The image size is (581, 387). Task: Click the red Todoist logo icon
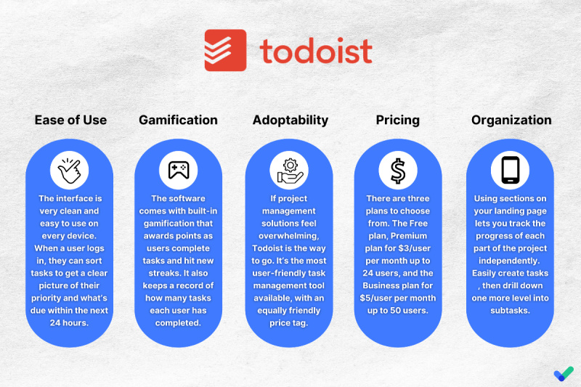tap(225, 50)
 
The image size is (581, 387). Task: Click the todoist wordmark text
tap(316, 51)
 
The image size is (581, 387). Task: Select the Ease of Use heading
tap(70, 120)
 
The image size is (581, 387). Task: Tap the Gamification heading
tap(178, 120)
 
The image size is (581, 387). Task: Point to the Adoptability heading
tap(290, 121)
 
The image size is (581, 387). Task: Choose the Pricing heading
tap(397, 121)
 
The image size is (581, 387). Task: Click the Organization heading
tap(511, 121)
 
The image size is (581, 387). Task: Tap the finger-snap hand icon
tap(69, 171)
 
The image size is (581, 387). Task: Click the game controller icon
tap(179, 171)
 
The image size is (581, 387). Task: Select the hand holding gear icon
tap(290, 171)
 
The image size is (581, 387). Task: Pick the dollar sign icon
tap(398, 171)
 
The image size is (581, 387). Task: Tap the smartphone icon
tap(511, 171)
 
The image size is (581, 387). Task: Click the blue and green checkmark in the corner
tap(564, 373)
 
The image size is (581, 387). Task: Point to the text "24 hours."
tap(69, 323)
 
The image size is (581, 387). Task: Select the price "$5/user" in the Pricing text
tap(376, 298)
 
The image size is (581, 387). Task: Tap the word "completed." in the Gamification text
tap(178, 323)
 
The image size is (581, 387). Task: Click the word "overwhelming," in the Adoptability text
tap(289, 236)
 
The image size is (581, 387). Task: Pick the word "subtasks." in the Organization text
tap(511, 311)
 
